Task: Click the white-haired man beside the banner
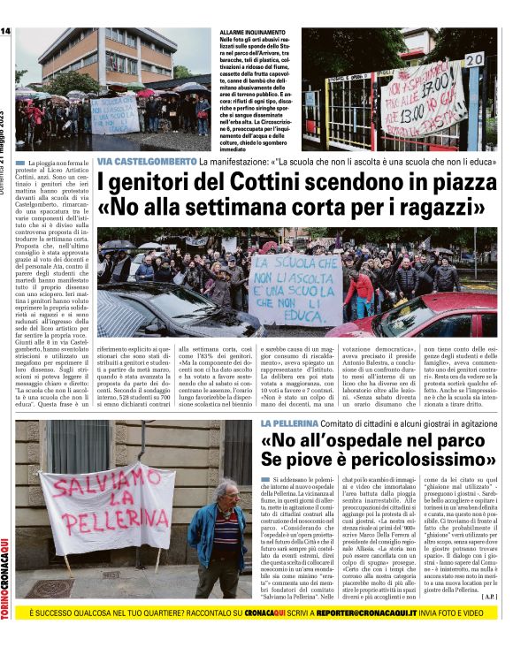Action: (x=223, y=537)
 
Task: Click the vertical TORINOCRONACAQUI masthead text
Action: (x=5, y=565)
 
